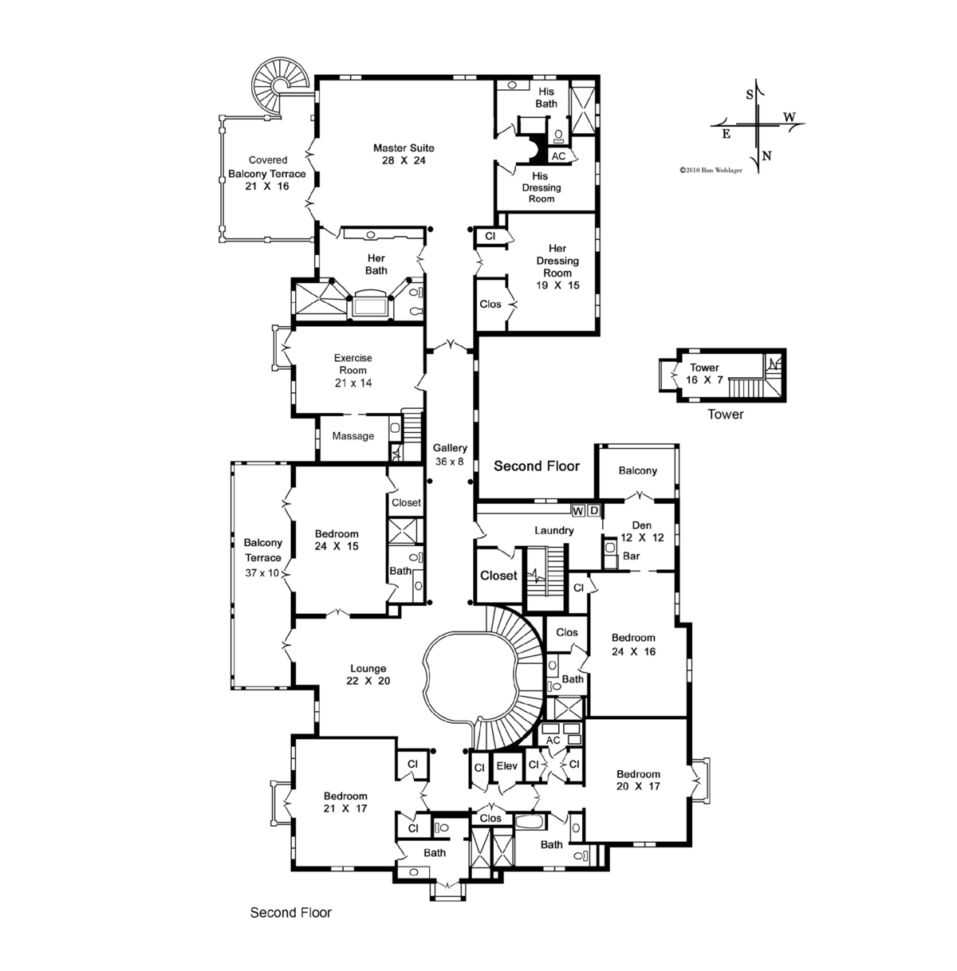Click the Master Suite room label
(404, 154)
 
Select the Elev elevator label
(506, 766)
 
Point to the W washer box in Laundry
(578, 511)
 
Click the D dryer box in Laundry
(594, 510)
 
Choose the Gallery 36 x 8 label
(450, 454)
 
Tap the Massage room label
(353, 436)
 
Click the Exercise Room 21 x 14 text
(353, 371)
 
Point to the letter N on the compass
(766, 155)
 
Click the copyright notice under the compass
(711, 171)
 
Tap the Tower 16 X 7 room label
(704, 373)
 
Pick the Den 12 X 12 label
(642, 531)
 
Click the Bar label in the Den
(632, 556)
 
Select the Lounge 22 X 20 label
(368, 674)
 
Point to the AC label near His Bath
(558, 156)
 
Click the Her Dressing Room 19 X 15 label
(557, 266)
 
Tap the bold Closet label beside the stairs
(498, 576)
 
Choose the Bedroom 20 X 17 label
(638, 780)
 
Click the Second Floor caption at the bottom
(291, 913)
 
